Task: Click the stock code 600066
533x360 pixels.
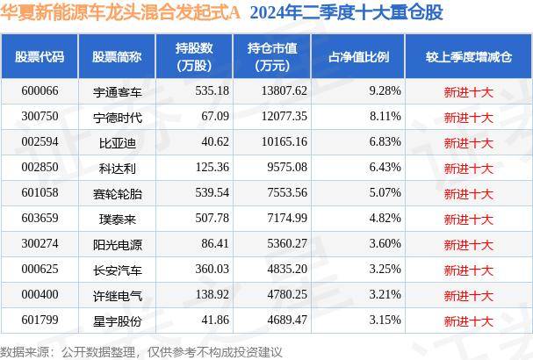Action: click(x=40, y=90)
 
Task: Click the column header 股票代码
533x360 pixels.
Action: click(x=40, y=56)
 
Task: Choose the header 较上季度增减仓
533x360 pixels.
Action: click(x=468, y=56)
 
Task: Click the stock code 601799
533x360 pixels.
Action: click(x=40, y=321)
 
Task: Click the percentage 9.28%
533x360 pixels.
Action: click(x=385, y=90)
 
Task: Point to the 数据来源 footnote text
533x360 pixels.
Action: click(x=141, y=350)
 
